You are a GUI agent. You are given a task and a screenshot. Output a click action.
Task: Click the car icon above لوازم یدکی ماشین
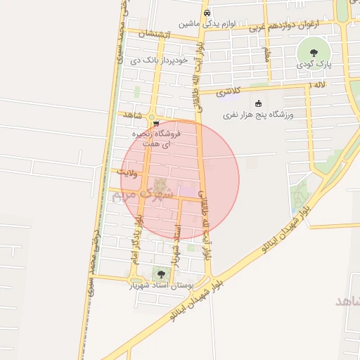[206, 13]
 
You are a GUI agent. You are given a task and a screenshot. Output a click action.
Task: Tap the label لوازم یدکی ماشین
[206, 23]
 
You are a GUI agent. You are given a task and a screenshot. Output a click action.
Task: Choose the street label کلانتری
[228, 91]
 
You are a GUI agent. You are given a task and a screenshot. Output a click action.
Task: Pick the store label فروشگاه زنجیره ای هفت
[157, 138]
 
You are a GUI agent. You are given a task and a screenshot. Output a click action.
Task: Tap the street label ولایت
[132, 172]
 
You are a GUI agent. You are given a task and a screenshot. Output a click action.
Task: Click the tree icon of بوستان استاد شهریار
[161, 274]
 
